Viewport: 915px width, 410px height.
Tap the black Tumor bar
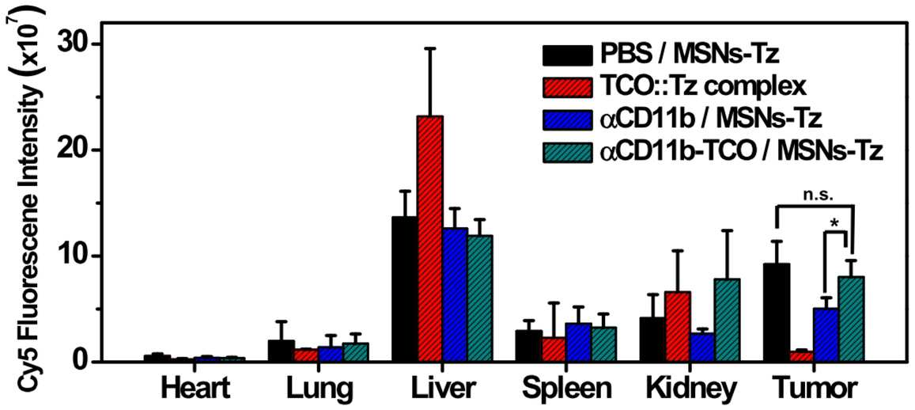coord(777,313)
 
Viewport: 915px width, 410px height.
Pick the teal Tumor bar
coord(851,319)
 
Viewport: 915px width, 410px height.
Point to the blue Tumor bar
coord(826,336)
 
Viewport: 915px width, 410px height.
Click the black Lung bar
coord(282,351)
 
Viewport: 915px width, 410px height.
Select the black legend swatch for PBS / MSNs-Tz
coord(565,55)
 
